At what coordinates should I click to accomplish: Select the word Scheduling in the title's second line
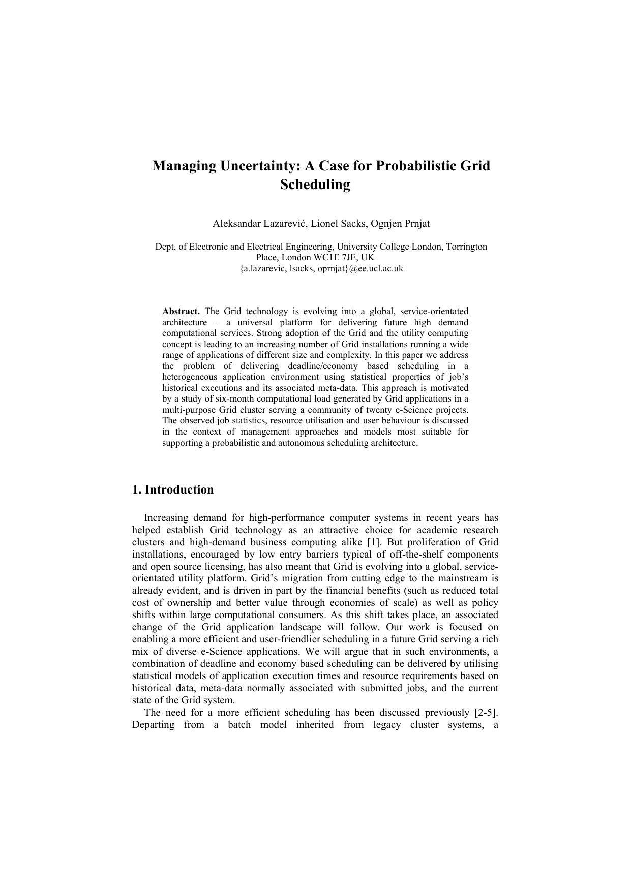point(315,184)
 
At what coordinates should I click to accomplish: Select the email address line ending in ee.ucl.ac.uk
point(321,268)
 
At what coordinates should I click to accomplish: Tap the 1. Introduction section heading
point(173,490)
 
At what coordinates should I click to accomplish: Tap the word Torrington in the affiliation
point(466,247)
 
